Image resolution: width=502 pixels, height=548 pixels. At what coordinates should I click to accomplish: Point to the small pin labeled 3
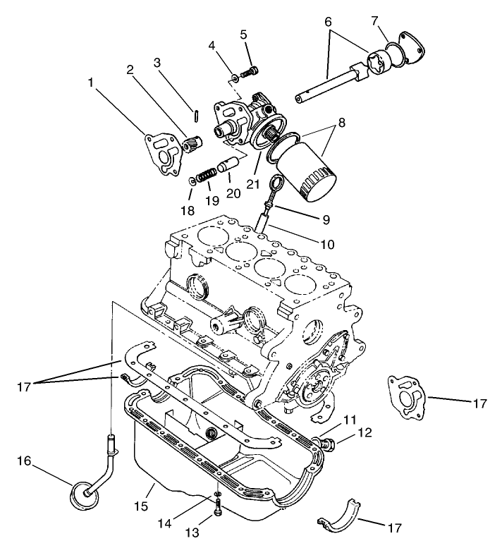pos(197,111)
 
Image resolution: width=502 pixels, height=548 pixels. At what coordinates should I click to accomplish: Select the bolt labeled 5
pos(250,71)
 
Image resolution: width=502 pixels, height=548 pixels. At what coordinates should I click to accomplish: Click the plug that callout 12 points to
pos(326,444)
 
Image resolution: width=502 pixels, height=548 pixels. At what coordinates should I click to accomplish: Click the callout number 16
pos(25,462)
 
